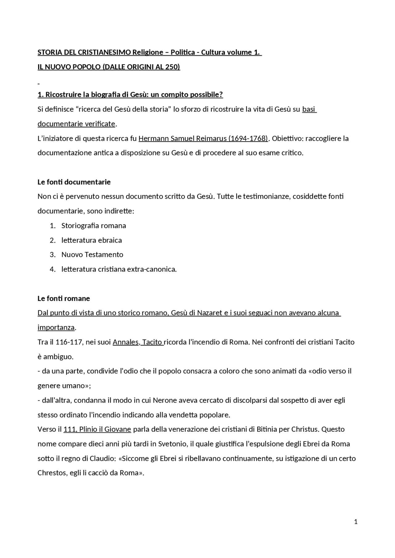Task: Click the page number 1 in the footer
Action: [356, 522]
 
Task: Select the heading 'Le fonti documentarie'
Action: [74, 182]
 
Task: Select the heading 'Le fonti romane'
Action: [64, 298]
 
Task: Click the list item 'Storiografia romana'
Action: [94, 226]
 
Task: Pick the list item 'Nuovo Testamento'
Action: [92, 255]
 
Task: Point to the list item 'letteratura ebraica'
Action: [91, 240]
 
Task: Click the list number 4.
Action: [52, 269]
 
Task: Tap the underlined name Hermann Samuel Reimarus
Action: [182, 138]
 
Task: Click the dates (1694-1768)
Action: [248, 138]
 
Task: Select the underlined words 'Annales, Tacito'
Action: [138, 342]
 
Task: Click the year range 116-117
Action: [69, 342]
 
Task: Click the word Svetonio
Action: [172, 444]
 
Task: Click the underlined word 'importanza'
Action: [56, 328]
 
